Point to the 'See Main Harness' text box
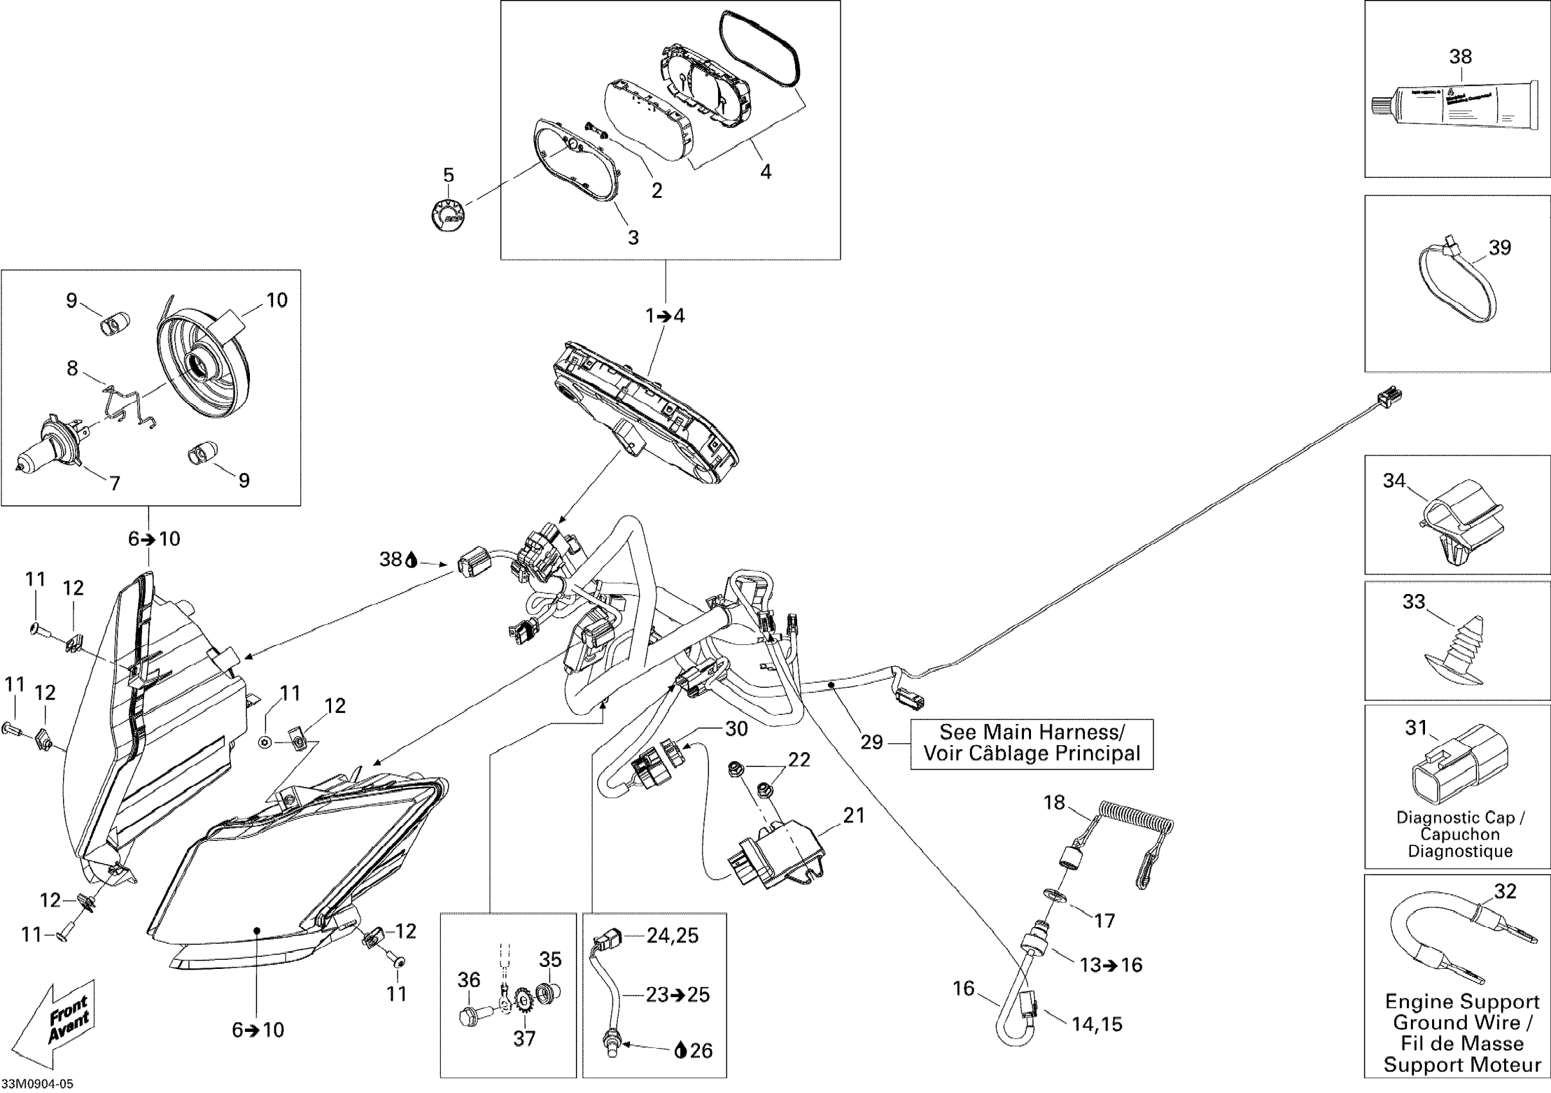[x=1032, y=744]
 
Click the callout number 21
[x=854, y=816]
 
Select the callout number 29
[x=872, y=743]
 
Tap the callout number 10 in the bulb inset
[x=277, y=300]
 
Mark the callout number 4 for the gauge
[x=766, y=172]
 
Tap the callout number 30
[x=737, y=729]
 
